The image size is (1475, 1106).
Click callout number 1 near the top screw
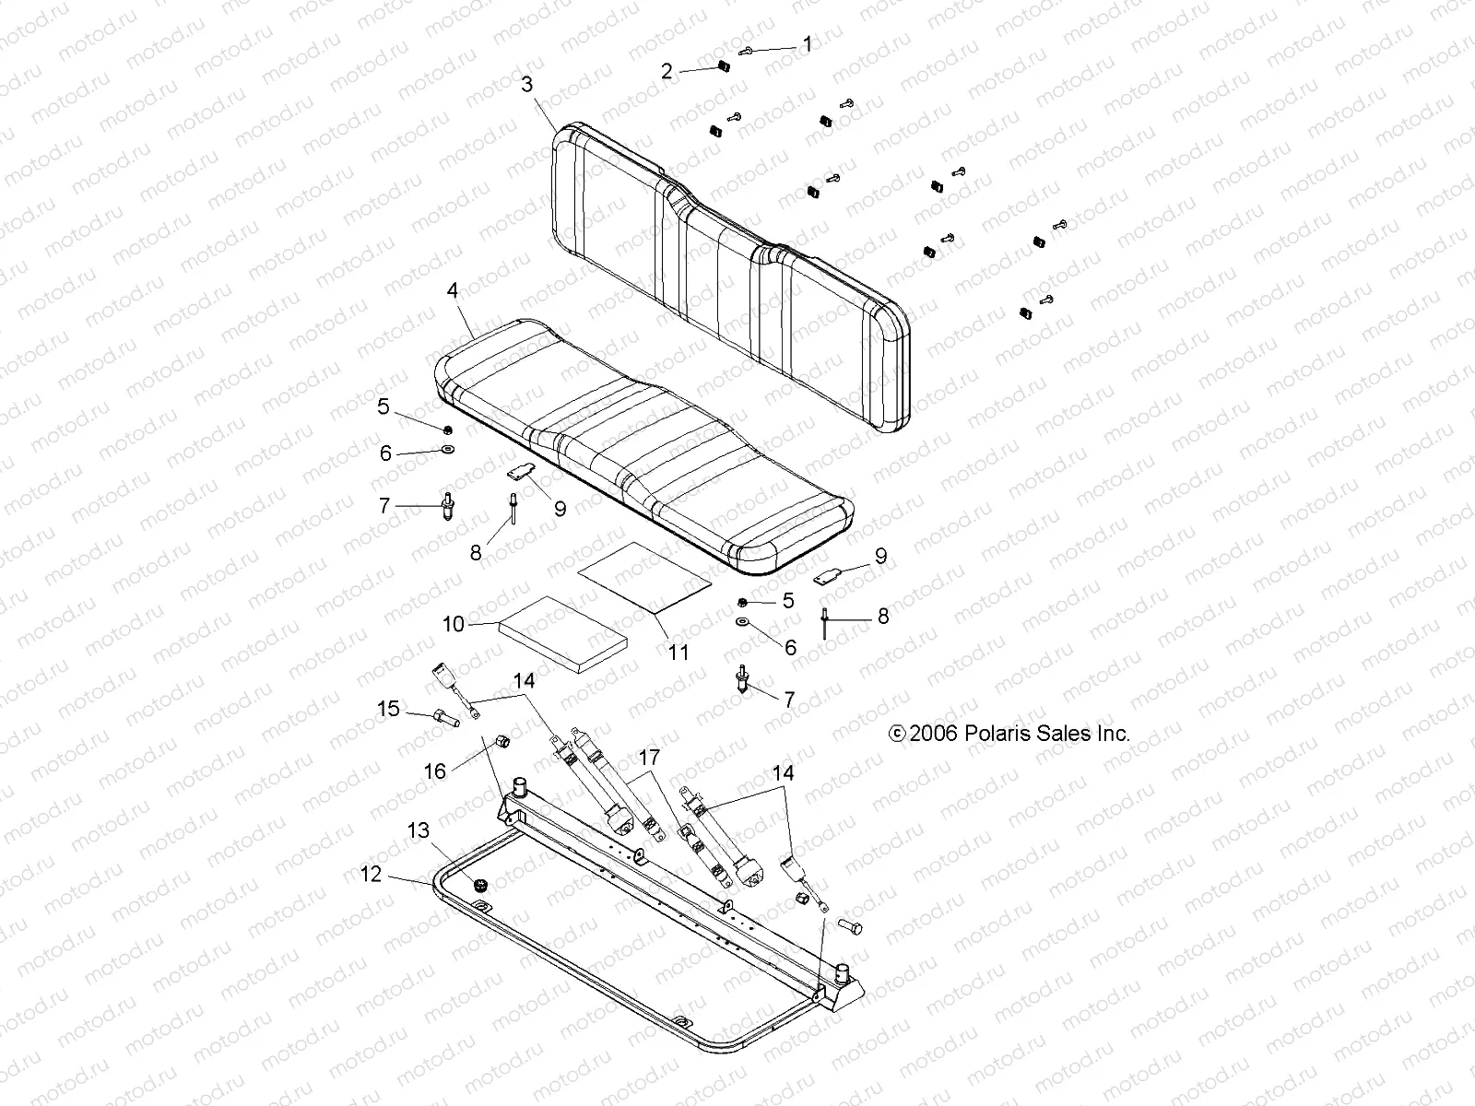click(808, 43)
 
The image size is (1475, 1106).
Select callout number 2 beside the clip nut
click(667, 71)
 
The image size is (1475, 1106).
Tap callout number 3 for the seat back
click(526, 85)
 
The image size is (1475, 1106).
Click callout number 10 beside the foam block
click(454, 624)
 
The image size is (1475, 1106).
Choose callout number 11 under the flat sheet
click(678, 653)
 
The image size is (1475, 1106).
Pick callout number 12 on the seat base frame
click(371, 873)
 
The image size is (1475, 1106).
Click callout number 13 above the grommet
click(419, 831)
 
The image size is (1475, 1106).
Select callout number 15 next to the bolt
click(389, 709)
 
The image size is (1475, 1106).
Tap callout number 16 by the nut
click(434, 771)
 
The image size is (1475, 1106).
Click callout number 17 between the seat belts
click(649, 758)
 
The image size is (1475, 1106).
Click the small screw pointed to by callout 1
click(748, 50)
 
